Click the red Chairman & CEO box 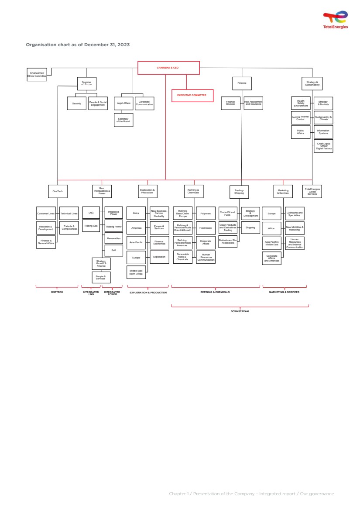coord(168,68)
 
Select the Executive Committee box coord(192,95)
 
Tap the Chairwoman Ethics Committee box coord(37,74)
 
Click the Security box coord(77,103)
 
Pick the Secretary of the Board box coord(123,120)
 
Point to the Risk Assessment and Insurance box coord(253,103)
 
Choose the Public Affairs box coord(301,132)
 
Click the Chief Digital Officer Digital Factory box coord(323,146)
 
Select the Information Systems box coord(323,132)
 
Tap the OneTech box coord(58,191)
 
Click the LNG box coord(91,213)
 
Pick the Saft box coord(114,250)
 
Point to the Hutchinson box coord(206,227)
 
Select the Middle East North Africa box coord(136,272)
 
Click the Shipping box coord(250,227)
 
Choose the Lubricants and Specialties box coord(295,214)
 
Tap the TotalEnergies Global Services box coord(312,191)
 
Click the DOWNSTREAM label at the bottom coord(240,311)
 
